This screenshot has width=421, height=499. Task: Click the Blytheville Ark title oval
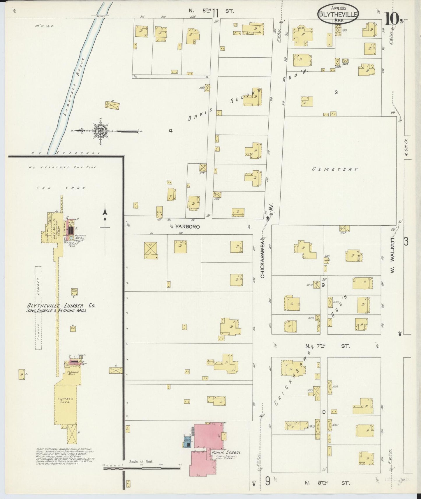[x=338, y=13]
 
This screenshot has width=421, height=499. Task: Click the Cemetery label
[x=335, y=169]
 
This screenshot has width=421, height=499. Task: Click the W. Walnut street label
[x=392, y=256]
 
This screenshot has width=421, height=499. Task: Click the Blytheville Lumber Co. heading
[x=61, y=306]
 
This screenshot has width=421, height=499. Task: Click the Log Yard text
[x=61, y=188]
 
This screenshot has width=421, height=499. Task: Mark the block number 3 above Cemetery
[x=336, y=92]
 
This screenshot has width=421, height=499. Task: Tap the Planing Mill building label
[x=72, y=374]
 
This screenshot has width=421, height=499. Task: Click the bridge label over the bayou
[x=100, y=17]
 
